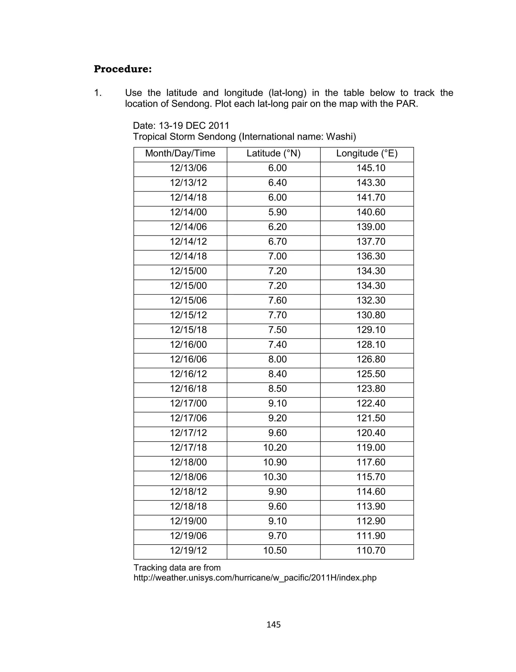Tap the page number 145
coord(273,625)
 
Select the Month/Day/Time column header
coord(180,153)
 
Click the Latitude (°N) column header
coord(273,153)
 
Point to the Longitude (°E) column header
coord(367,153)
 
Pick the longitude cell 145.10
coord(371,168)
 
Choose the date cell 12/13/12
coord(188,183)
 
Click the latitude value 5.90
coord(277,212)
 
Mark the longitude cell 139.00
coord(371,227)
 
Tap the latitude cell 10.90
coord(275,463)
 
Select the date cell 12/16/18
coord(188,389)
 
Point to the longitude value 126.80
coord(371,359)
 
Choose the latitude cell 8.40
coord(277,374)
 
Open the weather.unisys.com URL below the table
coord(255,578)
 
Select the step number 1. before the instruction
coord(98,93)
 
